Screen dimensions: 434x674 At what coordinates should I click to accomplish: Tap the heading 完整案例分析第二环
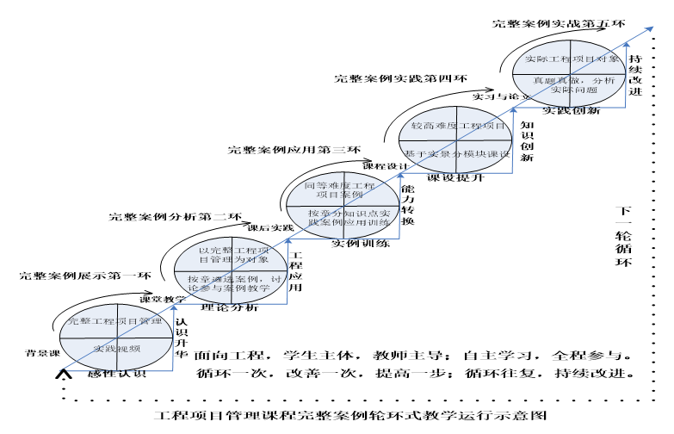[x=175, y=215]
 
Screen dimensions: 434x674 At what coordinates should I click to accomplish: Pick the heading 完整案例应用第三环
[x=294, y=150]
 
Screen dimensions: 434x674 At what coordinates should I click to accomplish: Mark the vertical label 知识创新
[x=527, y=140]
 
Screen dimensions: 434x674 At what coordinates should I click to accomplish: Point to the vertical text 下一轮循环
[x=626, y=238]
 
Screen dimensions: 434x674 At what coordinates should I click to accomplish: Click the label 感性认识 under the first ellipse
[x=117, y=375]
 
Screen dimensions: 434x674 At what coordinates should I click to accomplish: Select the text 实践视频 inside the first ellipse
[x=117, y=348]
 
